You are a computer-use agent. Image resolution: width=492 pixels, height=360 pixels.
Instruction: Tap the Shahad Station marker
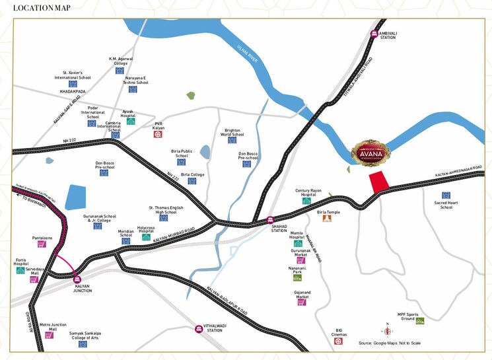pos(270,221)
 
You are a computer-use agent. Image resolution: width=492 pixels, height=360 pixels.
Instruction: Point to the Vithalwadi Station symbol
pos(199,328)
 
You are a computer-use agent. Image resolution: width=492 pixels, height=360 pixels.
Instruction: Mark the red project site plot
pos(378,180)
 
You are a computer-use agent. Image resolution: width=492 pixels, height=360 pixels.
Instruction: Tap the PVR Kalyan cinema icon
pos(158,134)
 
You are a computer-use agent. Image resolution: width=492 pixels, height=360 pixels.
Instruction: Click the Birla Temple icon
pos(326,218)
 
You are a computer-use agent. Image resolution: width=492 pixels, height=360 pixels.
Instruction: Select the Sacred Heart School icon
pos(446,196)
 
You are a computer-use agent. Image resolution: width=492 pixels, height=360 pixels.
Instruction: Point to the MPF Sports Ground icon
pos(420,321)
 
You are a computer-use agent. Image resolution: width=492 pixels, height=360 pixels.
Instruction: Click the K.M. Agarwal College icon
pos(120,70)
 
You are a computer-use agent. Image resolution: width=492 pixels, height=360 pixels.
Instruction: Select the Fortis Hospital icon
pos(20,271)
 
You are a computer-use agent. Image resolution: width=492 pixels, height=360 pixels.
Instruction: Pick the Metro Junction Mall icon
pos(48,335)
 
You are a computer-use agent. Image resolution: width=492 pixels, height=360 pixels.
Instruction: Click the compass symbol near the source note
pos(388,331)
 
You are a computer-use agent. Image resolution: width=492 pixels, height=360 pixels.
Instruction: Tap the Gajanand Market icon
pos(301,302)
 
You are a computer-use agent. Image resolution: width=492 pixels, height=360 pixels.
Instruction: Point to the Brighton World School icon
pos(232,139)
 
